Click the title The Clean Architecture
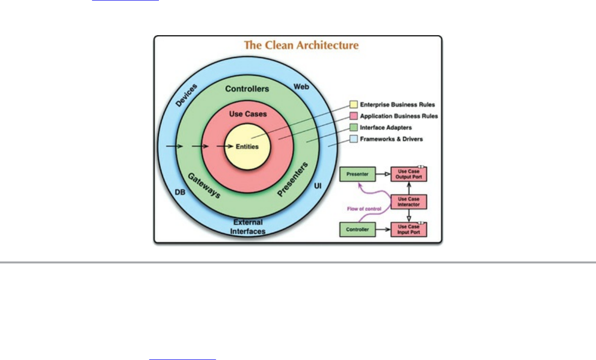pos(301,45)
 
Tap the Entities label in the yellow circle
pos(247,147)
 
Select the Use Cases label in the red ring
pos(248,114)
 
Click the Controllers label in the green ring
pos(247,89)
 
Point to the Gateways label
pos(203,186)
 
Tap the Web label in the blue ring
pos(301,86)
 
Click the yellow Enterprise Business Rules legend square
pos(353,104)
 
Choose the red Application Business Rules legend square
pos(353,116)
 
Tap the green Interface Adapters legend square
pos(353,128)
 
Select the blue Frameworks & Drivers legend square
pos(353,139)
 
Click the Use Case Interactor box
pos(409,202)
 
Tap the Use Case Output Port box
pos(409,174)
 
